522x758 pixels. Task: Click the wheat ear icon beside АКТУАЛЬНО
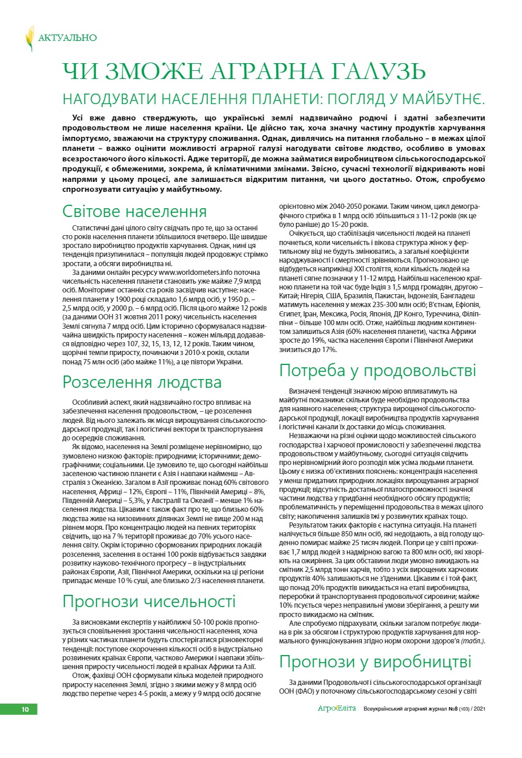point(29,38)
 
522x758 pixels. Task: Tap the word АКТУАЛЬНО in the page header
point(67,38)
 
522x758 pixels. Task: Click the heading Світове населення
point(135,211)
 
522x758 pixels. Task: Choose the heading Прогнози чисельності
point(149,601)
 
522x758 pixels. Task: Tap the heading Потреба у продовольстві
point(377,370)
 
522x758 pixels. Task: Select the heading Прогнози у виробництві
point(375,661)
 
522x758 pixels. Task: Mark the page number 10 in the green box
point(25,709)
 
